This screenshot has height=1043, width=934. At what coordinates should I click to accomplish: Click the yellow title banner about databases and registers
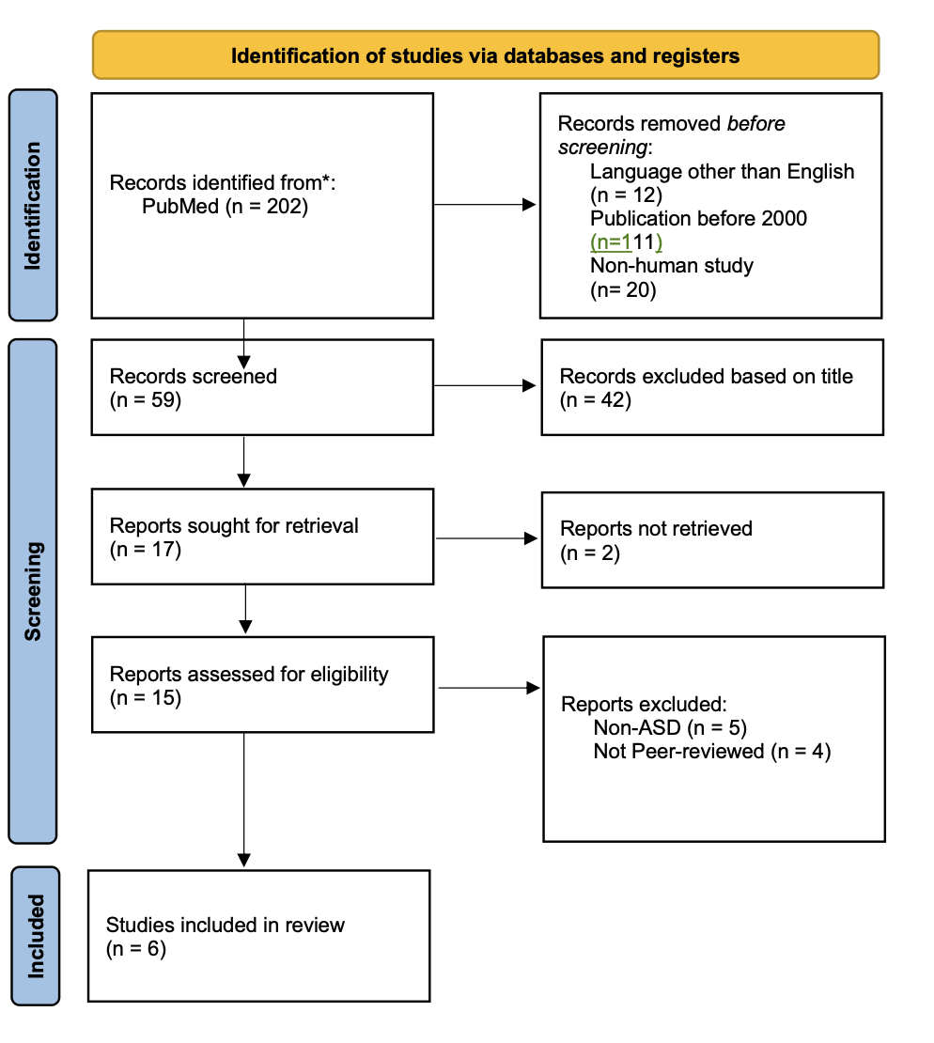(486, 55)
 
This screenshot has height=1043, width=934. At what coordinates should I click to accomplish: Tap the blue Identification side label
(33, 205)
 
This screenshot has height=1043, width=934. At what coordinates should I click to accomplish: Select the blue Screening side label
(33, 591)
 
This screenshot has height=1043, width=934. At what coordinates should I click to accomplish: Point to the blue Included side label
(36, 936)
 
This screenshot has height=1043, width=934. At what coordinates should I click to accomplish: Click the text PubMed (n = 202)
(225, 206)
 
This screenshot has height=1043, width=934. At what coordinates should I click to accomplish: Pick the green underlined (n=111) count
(626, 241)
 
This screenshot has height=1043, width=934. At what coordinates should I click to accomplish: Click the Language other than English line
(722, 171)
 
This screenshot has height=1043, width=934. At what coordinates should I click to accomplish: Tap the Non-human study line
(672, 265)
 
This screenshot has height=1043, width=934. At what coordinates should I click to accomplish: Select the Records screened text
(193, 376)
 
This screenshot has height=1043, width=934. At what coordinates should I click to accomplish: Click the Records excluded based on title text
(706, 376)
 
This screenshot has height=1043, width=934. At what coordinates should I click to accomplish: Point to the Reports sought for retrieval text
(233, 525)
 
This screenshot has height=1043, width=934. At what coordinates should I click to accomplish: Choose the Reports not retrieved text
(656, 528)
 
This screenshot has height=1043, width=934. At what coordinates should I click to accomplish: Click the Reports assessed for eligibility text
(249, 674)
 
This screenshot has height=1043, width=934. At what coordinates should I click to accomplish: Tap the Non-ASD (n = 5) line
(670, 727)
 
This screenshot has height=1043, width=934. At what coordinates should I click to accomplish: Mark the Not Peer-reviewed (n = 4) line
(712, 751)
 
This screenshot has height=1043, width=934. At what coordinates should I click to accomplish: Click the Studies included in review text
(225, 925)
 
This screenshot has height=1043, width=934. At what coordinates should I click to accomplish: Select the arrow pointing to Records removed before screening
(485, 204)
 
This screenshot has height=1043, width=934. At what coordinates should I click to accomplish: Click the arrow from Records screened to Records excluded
(485, 385)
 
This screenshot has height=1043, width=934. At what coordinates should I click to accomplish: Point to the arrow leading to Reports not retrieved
(487, 538)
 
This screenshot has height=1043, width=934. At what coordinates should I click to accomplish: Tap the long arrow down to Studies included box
(244, 800)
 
